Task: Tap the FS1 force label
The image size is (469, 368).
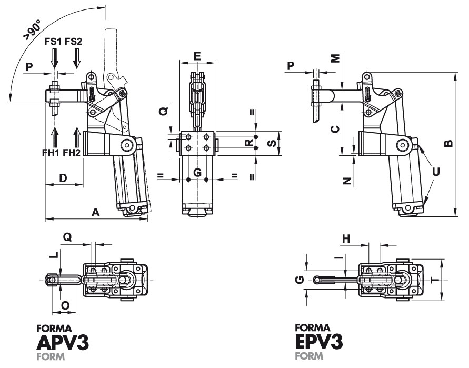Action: point(54,41)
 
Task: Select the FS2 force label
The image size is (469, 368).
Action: point(74,41)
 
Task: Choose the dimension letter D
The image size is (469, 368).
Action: point(63,178)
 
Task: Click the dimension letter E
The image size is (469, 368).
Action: point(197,55)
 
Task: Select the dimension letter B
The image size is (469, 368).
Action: point(447,144)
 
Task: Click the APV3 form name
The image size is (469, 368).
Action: point(63,343)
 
